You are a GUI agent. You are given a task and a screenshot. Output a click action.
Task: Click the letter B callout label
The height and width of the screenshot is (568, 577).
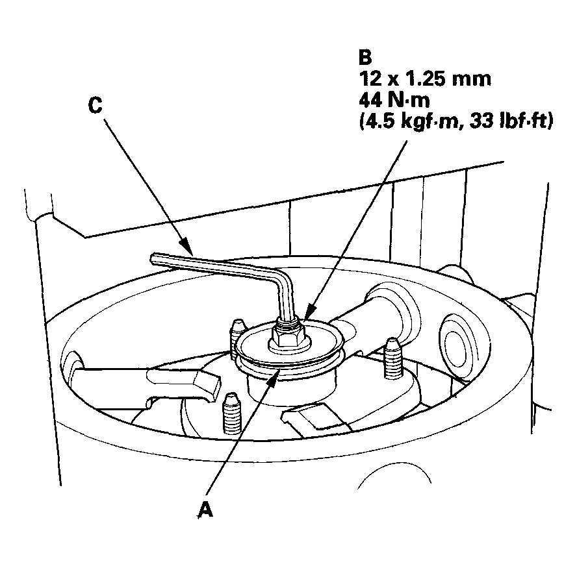[365, 57]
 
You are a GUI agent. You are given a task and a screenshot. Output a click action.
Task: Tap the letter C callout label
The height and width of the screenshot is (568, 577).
[96, 105]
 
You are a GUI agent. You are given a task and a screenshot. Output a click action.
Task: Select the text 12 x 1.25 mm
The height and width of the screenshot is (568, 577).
[425, 79]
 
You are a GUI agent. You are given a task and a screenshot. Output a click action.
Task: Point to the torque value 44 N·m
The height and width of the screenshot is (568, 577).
[394, 99]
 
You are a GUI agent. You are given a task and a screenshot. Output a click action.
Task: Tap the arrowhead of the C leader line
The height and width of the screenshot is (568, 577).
[186, 247]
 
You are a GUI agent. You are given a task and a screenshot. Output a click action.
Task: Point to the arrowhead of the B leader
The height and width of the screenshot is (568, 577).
[310, 312]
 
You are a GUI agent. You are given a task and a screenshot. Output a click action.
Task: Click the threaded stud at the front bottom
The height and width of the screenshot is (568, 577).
[232, 414]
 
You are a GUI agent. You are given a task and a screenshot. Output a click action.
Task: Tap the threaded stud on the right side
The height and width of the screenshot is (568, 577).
[393, 358]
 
